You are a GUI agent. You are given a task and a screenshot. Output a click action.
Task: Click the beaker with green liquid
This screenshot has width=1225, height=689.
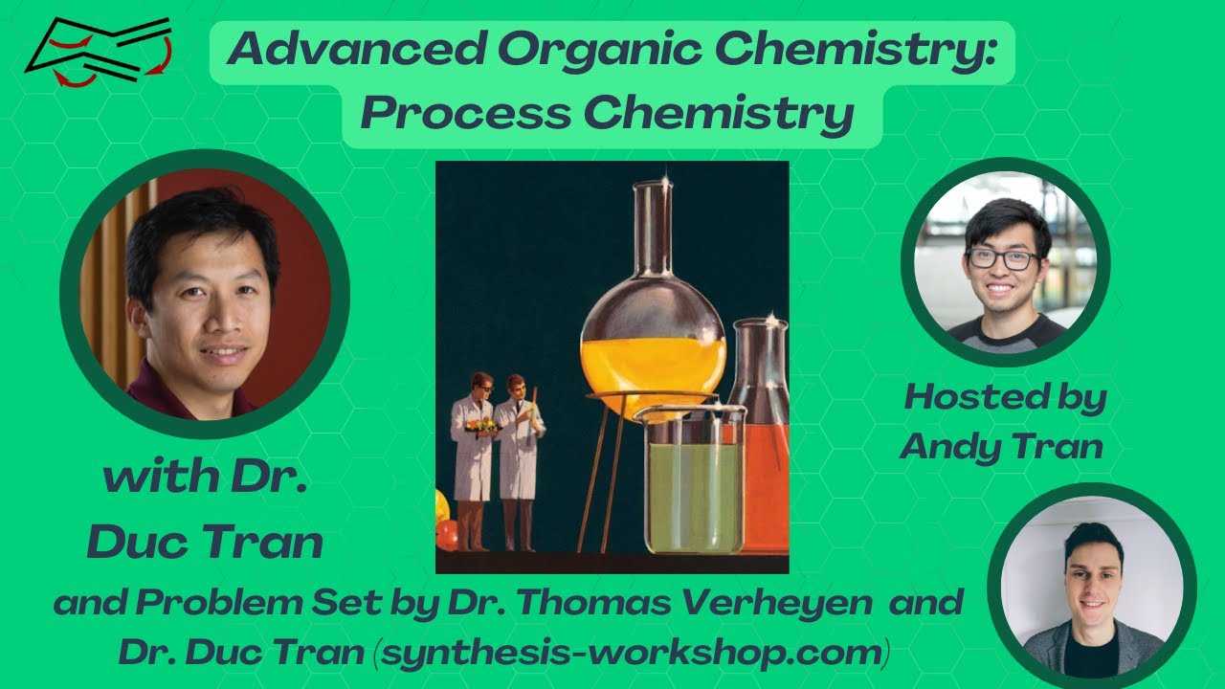tap(693, 483)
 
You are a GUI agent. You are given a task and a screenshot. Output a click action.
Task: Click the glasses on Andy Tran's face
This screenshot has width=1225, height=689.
tap(1001, 259)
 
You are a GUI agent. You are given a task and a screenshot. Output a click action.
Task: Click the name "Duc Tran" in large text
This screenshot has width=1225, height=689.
tap(204, 543)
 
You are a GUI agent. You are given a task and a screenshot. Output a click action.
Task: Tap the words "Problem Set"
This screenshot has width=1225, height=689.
tap(238, 603)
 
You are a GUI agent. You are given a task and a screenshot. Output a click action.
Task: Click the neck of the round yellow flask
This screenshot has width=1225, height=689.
tap(654, 230)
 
